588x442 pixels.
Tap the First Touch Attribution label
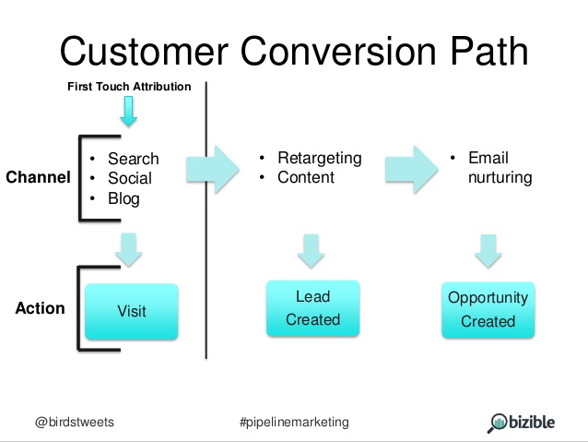pyautogui.click(x=129, y=87)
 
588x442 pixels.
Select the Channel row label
pyautogui.click(x=38, y=178)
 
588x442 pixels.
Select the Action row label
pyautogui.click(x=40, y=308)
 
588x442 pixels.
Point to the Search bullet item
pyautogui.click(x=133, y=159)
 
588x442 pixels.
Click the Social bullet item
pyautogui.click(x=130, y=178)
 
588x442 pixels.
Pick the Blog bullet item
pyautogui.click(x=123, y=197)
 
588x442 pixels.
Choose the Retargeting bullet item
pyautogui.click(x=319, y=158)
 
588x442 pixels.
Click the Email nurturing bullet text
pyautogui.click(x=500, y=168)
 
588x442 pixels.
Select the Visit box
pyautogui.click(x=132, y=311)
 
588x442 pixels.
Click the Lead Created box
pyautogui.click(x=312, y=308)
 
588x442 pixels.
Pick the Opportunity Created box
pyautogui.click(x=488, y=309)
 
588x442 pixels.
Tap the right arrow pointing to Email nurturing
pyautogui.click(x=411, y=168)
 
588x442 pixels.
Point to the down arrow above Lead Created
pyautogui.click(x=312, y=249)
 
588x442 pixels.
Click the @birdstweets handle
pyautogui.click(x=76, y=422)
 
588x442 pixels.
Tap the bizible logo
pyautogui.click(x=522, y=422)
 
